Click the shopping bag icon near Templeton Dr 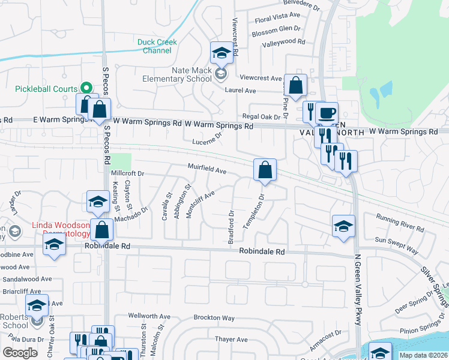(x=265, y=170)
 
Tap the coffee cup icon (x=327, y=113)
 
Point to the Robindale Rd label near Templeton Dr (x=261, y=253)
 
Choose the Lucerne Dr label (x=208, y=139)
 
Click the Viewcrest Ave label (x=261, y=78)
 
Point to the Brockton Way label (x=214, y=317)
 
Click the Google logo (x=20, y=353)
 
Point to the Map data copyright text (x=423, y=355)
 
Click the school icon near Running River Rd (x=343, y=226)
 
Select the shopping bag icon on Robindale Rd (x=103, y=230)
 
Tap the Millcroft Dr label (x=128, y=173)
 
